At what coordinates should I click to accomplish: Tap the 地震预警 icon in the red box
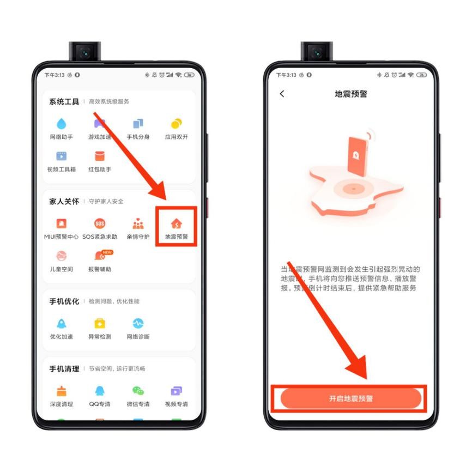tap(177, 224)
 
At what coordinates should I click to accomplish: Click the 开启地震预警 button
tap(351, 399)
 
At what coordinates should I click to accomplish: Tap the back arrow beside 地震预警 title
tap(282, 94)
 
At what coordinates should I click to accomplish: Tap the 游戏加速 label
tap(100, 137)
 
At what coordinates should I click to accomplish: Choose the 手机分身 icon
tap(138, 124)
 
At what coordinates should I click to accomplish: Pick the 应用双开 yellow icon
tap(177, 124)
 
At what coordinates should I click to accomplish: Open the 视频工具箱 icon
tap(62, 157)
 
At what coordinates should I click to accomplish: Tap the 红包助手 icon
tap(100, 157)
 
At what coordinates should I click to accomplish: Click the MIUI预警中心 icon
tap(62, 224)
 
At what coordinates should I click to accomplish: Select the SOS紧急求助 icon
tap(100, 224)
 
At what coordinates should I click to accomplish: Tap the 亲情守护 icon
tap(138, 224)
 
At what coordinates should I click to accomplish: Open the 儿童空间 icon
tap(62, 256)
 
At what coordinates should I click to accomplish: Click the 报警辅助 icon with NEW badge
tap(100, 256)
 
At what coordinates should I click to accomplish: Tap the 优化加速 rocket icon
tap(62, 324)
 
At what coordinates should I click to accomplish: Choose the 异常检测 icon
tap(100, 324)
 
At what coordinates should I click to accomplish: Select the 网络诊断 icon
tap(138, 324)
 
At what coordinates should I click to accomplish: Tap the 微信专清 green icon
tap(138, 391)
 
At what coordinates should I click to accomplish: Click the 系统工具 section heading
tap(64, 101)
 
